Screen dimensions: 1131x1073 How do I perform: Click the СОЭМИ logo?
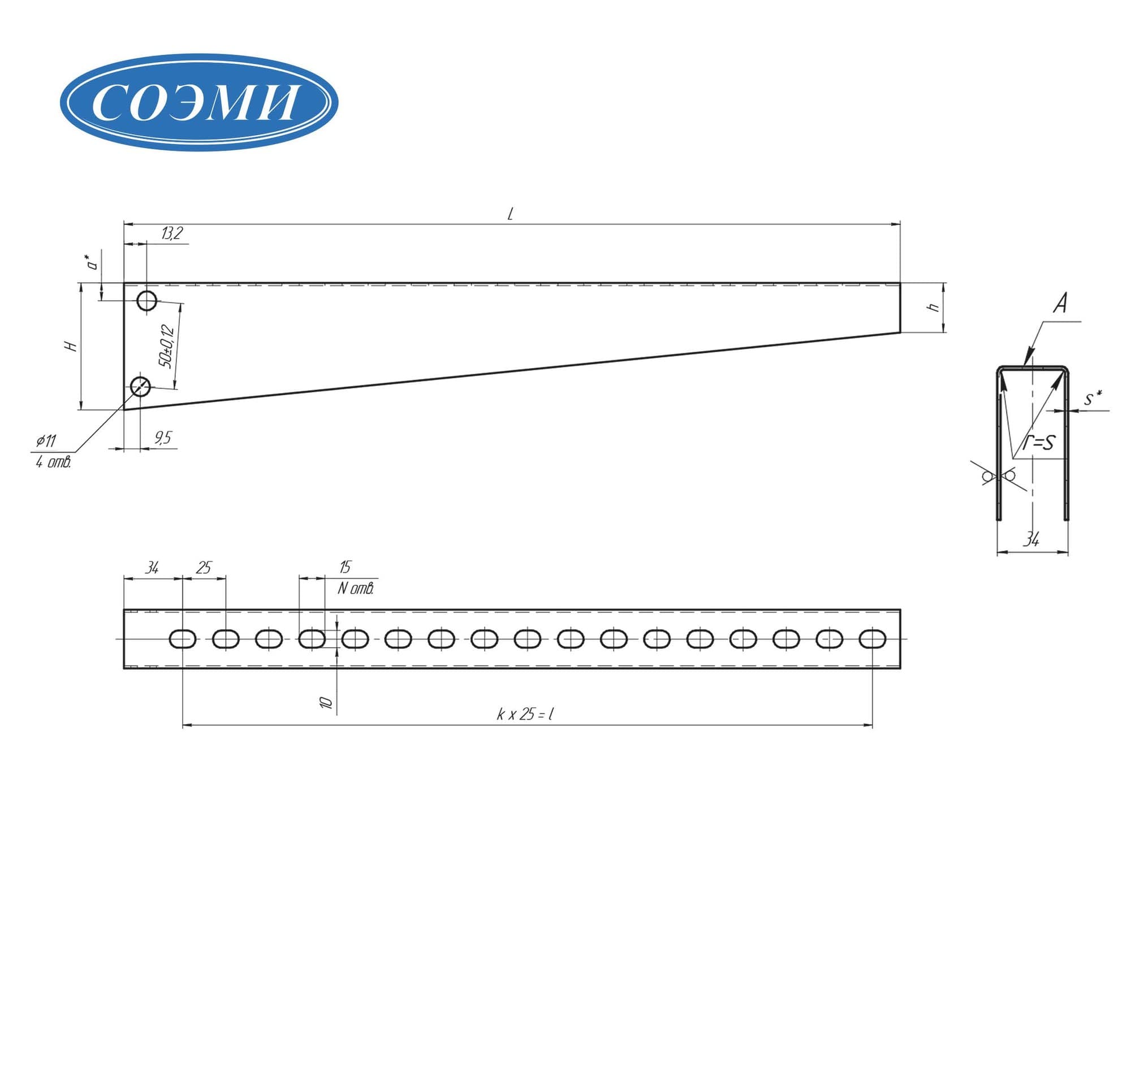(198, 102)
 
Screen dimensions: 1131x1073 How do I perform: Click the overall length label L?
(510, 214)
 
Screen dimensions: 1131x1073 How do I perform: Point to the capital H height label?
(71, 346)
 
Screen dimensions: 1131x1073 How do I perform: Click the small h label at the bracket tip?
(933, 308)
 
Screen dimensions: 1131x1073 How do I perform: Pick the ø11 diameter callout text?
(46, 441)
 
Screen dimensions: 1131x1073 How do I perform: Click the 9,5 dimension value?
(162, 438)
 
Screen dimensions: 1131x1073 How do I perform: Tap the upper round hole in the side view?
(147, 300)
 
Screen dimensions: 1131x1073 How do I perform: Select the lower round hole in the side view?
(141, 387)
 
